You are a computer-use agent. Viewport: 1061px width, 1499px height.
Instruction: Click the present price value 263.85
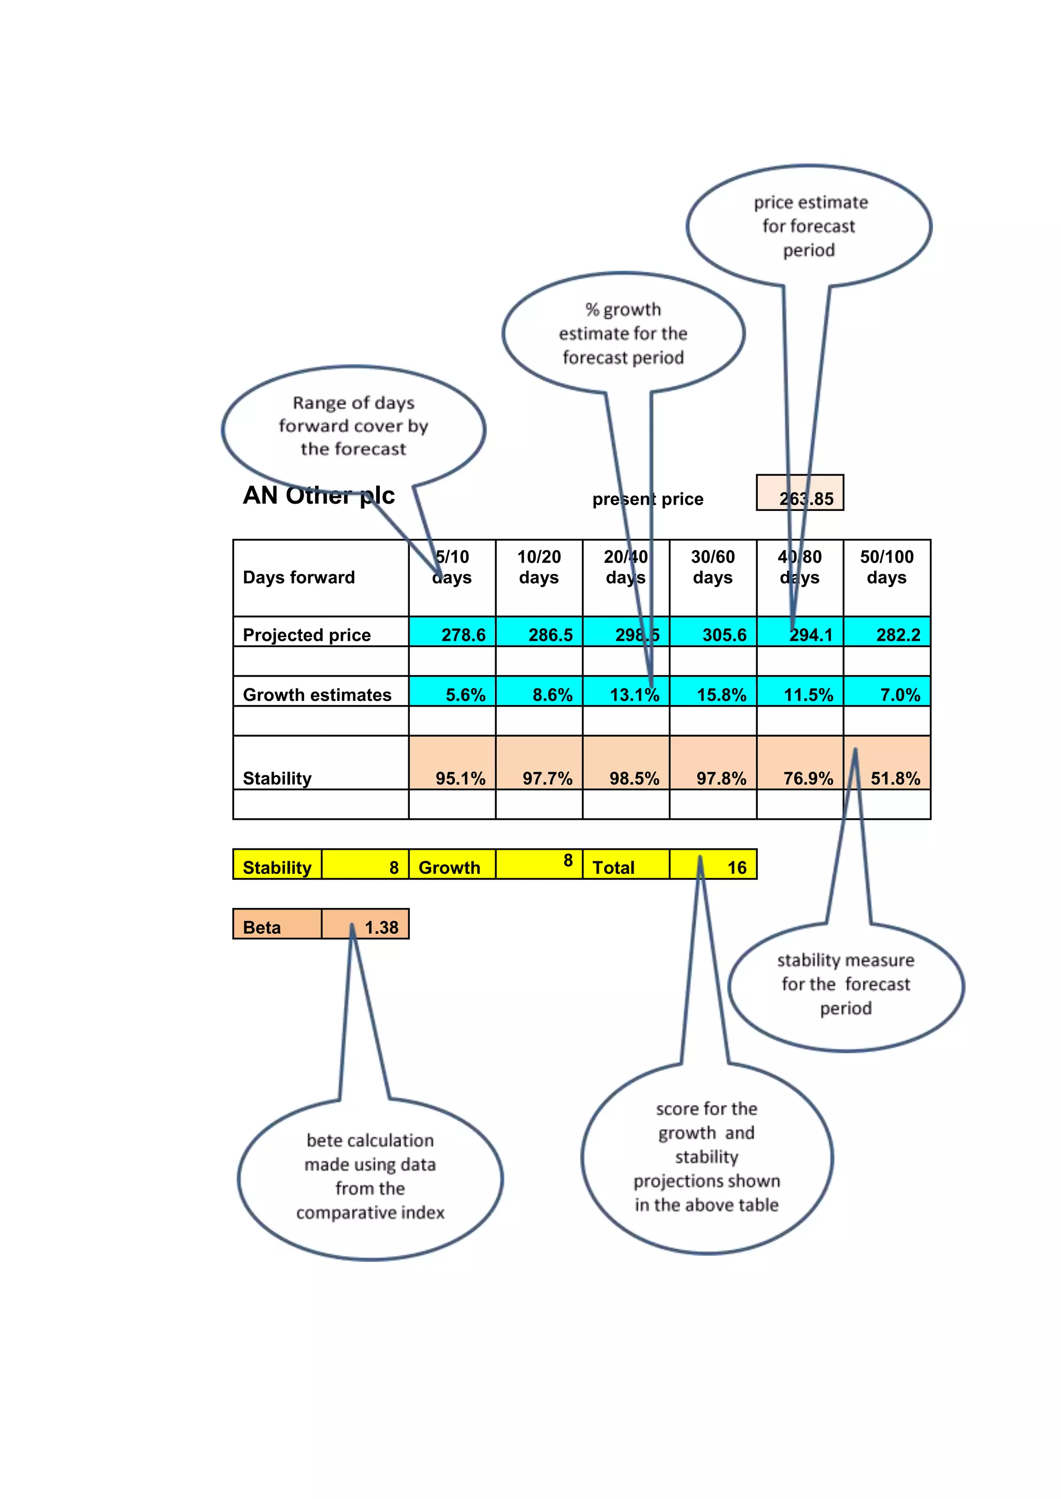click(x=806, y=499)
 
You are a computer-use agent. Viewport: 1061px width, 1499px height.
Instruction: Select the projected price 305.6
click(x=724, y=635)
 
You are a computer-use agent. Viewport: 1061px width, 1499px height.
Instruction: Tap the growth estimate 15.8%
click(x=721, y=695)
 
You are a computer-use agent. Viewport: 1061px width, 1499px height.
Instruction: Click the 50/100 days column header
click(x=886, y=567)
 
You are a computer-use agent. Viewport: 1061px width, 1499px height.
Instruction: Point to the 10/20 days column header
click(x=539, y=567)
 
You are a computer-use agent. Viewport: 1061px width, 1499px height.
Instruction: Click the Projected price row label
click(x=306, y=635)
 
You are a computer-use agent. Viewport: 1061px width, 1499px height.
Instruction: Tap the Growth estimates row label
click(x=317, y=695)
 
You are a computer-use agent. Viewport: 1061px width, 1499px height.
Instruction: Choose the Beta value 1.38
click(x=381, y=927)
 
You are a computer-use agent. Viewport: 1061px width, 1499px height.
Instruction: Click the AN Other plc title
click(x=319, y=495)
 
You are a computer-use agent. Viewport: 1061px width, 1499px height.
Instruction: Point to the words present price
click(x=648, y=499)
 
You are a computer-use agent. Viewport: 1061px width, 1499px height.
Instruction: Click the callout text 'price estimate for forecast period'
click(x=809, y=226)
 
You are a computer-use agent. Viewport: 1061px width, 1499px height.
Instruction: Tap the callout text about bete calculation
click(x=370, y=1176)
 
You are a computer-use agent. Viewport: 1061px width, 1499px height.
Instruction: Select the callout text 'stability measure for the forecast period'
click(x=845, y=984)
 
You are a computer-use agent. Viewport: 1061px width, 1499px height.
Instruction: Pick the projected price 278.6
click(x=463, y=635)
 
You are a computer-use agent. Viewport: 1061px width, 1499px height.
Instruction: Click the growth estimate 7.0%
click(x=900, y=695)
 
